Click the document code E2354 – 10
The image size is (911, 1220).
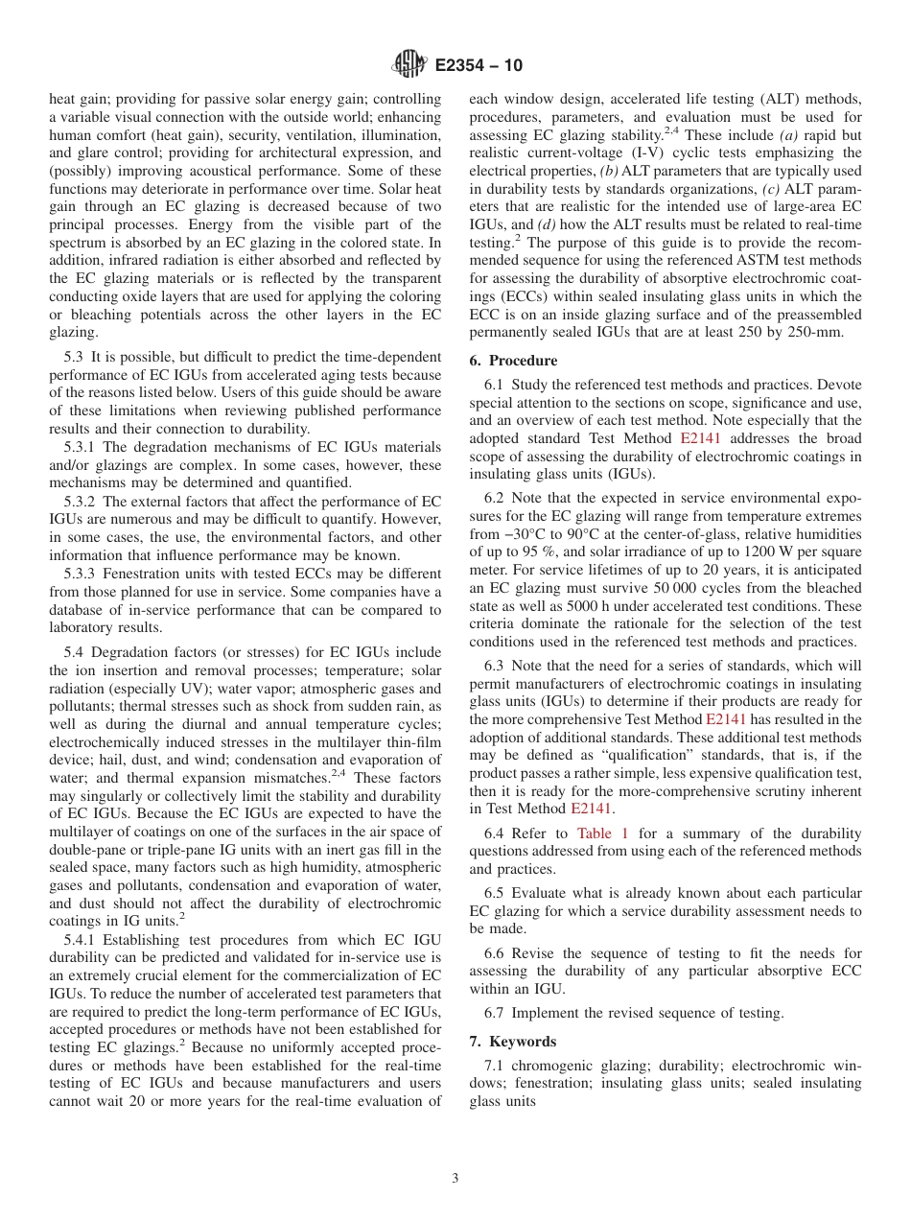pos(479,66)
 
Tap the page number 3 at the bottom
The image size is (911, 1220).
pos(455,1179)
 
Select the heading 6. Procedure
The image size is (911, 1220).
pos(513,361)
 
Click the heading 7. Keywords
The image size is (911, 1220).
pos(512,1042)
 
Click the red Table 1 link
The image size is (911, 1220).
pos(602,833)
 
